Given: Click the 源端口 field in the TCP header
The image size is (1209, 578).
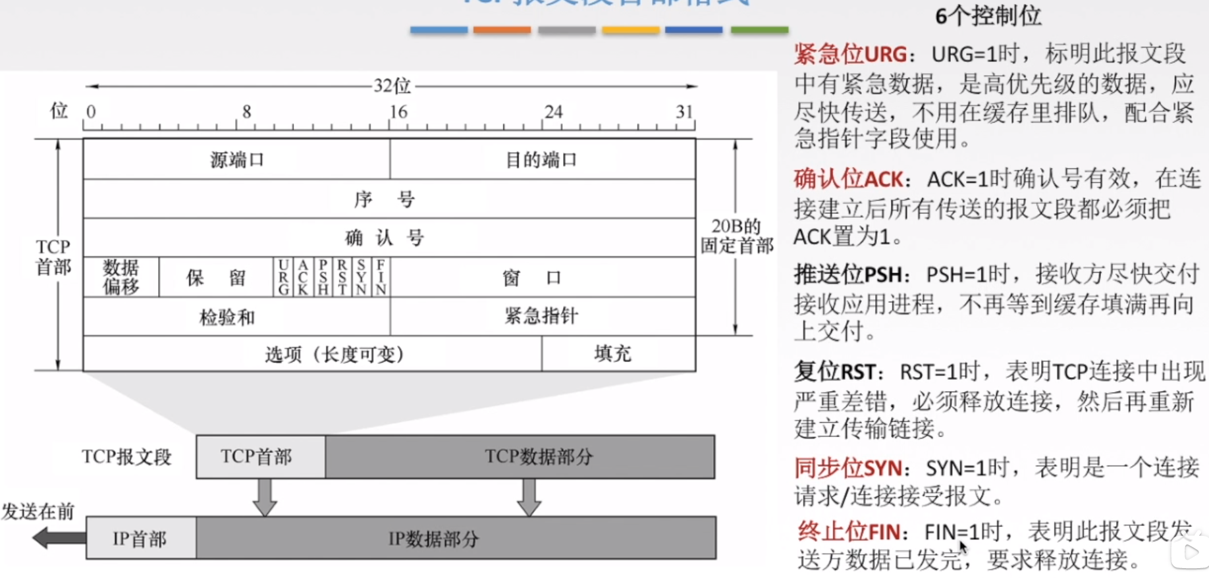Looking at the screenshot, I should pos(236,159).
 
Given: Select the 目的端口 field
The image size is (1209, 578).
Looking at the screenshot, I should pos(541,159).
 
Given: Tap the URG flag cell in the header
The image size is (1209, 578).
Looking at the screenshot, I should pos(283,277).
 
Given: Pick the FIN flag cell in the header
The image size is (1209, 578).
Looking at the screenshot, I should pos(381,277).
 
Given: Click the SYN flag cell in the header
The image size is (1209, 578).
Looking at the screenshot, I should pos(362,277).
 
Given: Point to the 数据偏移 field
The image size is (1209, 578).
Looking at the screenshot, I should pos(121,277).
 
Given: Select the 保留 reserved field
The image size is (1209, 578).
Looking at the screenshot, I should pos(216,277).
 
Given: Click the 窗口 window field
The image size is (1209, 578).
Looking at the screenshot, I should pos(532,277).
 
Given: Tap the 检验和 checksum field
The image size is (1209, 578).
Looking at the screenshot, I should pos(227,317).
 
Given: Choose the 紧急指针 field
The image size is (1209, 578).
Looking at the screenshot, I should pos(541,316).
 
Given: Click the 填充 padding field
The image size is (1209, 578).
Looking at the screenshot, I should pos(612,354).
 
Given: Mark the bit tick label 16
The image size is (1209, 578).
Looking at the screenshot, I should pos(398,112).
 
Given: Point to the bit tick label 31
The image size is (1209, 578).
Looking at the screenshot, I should pos(684,112).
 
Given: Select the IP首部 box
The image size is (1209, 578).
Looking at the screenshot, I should pos(140,539).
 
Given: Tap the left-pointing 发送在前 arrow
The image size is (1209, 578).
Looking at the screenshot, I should pos(58,538).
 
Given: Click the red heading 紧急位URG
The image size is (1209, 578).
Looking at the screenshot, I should pos(850,54).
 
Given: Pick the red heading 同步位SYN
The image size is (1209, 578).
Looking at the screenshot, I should pos(848,468).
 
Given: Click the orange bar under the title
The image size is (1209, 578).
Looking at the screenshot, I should pos(502,30).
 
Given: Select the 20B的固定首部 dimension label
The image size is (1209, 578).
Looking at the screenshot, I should pos(737,236).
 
